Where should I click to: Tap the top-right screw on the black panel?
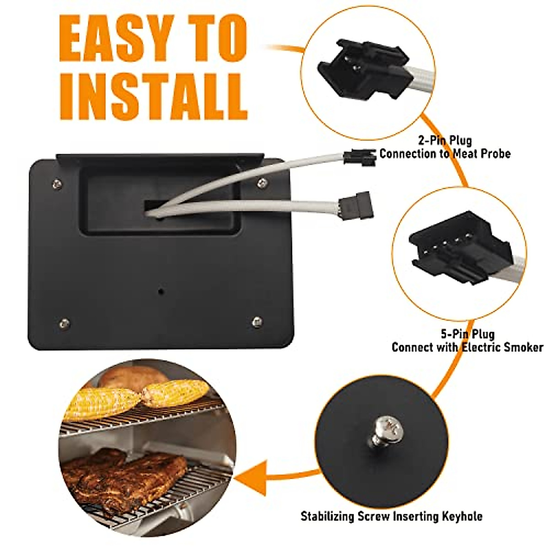pyautogui.click(x=262, y=183)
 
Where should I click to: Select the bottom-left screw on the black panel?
pyautogui.click(x=64, y=323)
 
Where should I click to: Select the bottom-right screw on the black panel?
pyautogui.click(x=257, y=322)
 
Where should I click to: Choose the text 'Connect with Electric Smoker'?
pyautogui.click(x=467, y=347)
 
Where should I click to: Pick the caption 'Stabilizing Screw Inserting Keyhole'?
pyautogui.click(x=391, y=517)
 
